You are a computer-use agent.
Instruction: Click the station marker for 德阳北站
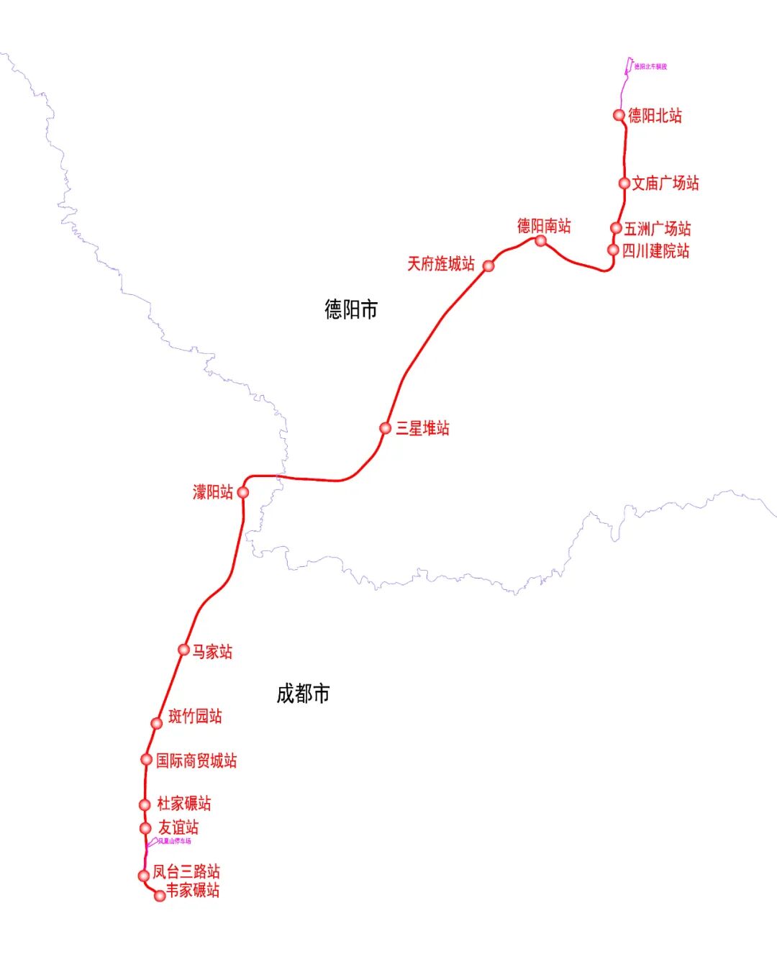pyautogui.click(x=619, y=115)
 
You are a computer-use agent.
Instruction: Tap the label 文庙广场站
pyautogui.click(x=665, y=183)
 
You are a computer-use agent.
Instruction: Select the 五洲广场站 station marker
pyautogui.click(x=616, y=228)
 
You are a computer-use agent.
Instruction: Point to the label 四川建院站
pyautogui.click(x=655, y=251)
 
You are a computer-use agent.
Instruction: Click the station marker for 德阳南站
pyautogui.click(x=540, y=241)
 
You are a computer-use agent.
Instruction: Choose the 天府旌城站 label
pyautogui.click(x=441, y=264)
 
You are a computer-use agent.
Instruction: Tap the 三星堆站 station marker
pyautogui.click(x=386, y=428)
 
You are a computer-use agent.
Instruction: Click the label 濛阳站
pyautogui.click(x=213, y=492)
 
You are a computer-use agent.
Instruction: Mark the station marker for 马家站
pyautogui.click(x=184, y=650)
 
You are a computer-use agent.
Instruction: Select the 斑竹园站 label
pyautogui.click(x=195, y=716)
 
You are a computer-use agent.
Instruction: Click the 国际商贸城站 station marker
pyautogui.click(x=147, y=759)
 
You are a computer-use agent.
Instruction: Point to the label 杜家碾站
pyautogui.click(x=184, y=804)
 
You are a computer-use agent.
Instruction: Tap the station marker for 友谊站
pyautogui.click(x=145, y=828)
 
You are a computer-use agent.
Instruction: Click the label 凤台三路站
pyautogui.click(x=186, y=872)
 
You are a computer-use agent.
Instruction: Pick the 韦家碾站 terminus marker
pyautogui.click(x=160, y=896)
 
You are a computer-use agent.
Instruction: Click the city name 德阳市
pyautogui.click(x=351, y=310)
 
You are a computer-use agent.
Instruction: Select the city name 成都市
pyautogui.click(x=303, y=694)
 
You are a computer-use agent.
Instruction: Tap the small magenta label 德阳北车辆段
pyautogui.click(x=650, y=67)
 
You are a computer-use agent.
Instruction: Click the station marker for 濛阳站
pyautogui.click(x=243, y=492)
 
